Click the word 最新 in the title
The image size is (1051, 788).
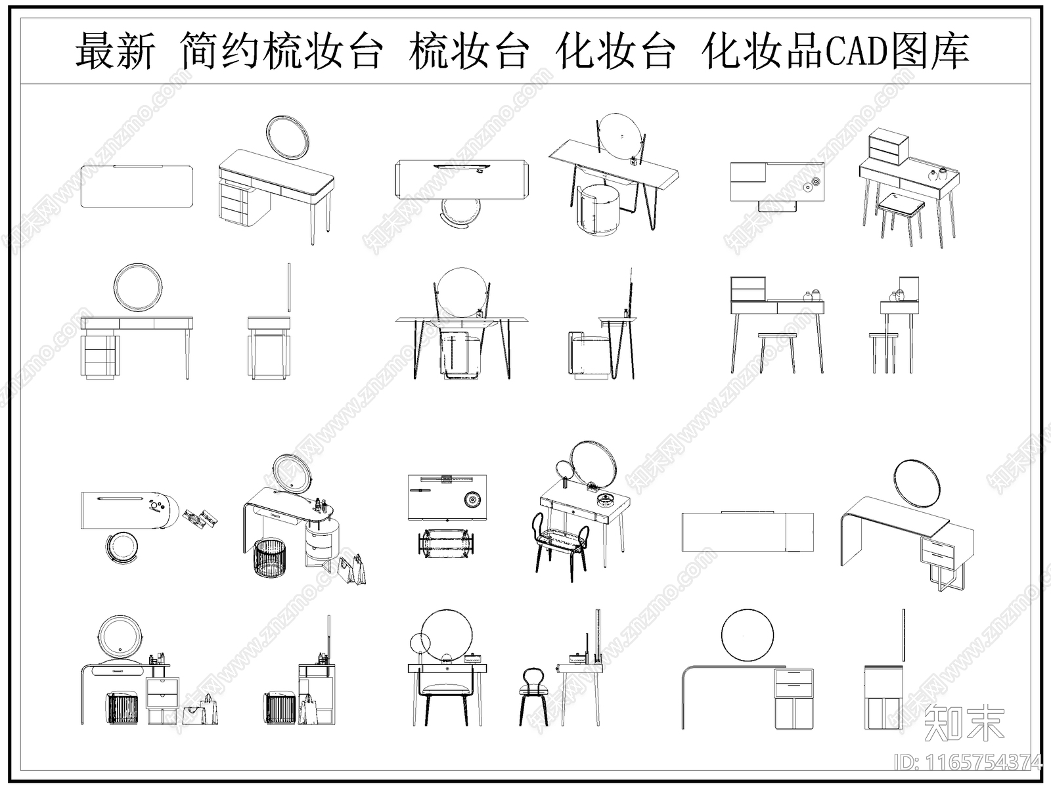pyautogui.click(x=116, y=51)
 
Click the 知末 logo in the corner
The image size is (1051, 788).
pyautogui.click(x=964, y=724)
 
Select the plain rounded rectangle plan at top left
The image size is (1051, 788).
pyautogui.click(x=137, y=186)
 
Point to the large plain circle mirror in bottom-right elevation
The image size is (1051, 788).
pyautogui.click(x=747, y=636)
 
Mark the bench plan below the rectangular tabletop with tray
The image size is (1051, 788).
pyautogui.click(x=447, y=544)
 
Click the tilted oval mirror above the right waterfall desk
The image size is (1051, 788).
pyautogui.click(x=918, y=483)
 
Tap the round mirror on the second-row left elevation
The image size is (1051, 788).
pyautogui.click(x=137, y=286)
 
